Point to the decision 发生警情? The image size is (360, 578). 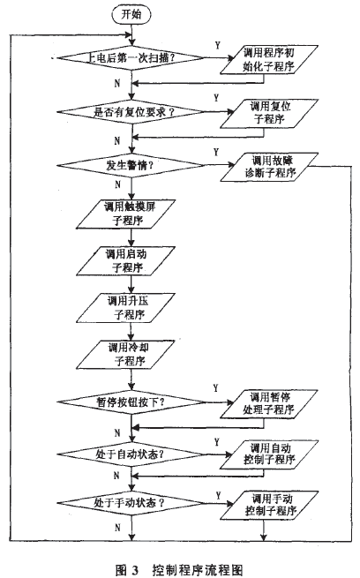131,168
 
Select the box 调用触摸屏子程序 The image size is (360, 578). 131,214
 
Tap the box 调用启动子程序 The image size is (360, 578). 131,261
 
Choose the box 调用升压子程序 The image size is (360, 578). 131,308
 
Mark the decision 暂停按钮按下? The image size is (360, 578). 131,401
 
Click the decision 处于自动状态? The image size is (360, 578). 131,454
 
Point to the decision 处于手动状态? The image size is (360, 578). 131,504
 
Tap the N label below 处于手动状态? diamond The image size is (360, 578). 118,527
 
